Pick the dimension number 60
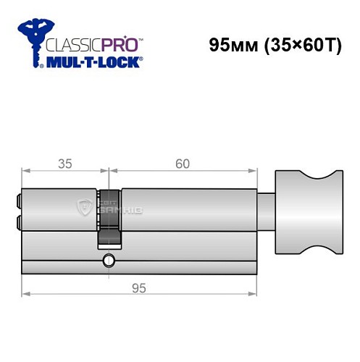coord(182,164)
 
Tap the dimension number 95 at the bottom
coord(140,288)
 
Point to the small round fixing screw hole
coord(109,260)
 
